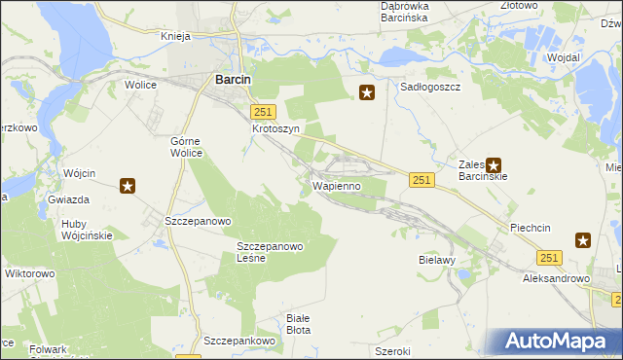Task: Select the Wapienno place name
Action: pyautogui.click(x=337, y=185)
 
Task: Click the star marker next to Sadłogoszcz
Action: pyautogui.click(x=367, y=93)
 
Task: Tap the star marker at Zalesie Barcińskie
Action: pyautogui.click(x=494, y=166)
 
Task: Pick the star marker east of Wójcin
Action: pyautogui.click(x=128, y=186)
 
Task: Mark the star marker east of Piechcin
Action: pyautogui.click(x=583, y=240)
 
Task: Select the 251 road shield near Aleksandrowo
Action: pyautogui.click(x=549, y=257)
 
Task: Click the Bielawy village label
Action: pyautogui.click(x=437, y=261)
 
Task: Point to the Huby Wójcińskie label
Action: pyautogui.click(x=87, y=229)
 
